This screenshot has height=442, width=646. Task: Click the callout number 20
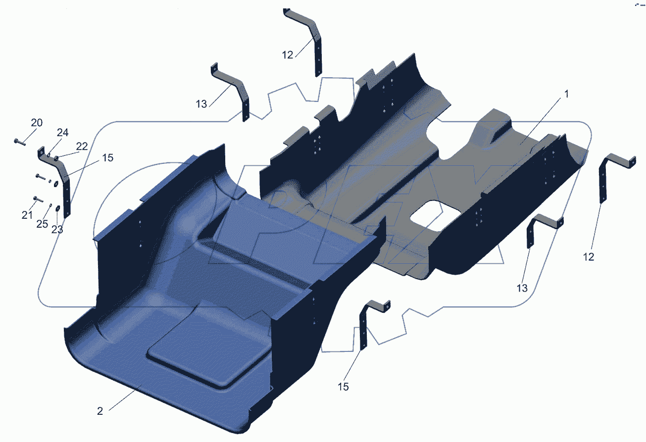pos(37,123)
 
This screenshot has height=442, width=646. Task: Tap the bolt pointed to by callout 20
pos(20,142)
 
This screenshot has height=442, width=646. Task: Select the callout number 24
pos(62,133)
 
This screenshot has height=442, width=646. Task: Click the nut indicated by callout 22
pos(56,158)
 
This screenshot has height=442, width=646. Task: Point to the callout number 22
pos(82,147)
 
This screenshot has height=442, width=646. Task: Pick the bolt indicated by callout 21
pos(38,199)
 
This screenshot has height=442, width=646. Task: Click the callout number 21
pos(27,215)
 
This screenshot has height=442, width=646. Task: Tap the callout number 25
pos(42,224)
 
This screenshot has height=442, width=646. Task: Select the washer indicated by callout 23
pos(58,208)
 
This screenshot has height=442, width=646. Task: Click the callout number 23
pos(57,230)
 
